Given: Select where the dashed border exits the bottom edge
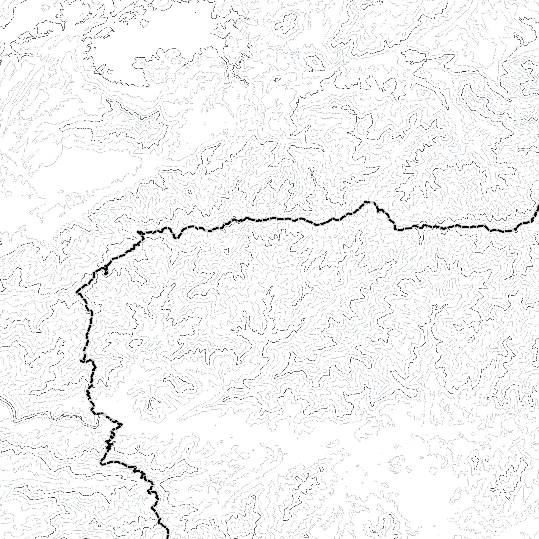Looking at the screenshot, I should coord(168,538).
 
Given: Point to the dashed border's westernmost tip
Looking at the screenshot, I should coord(77,292).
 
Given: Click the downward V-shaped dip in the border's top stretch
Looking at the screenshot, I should coord(176,238).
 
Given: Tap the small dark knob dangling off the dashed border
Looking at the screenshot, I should coord(106,273).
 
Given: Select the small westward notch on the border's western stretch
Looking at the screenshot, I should coord(81,361).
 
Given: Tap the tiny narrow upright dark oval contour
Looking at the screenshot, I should coord(339,276).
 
